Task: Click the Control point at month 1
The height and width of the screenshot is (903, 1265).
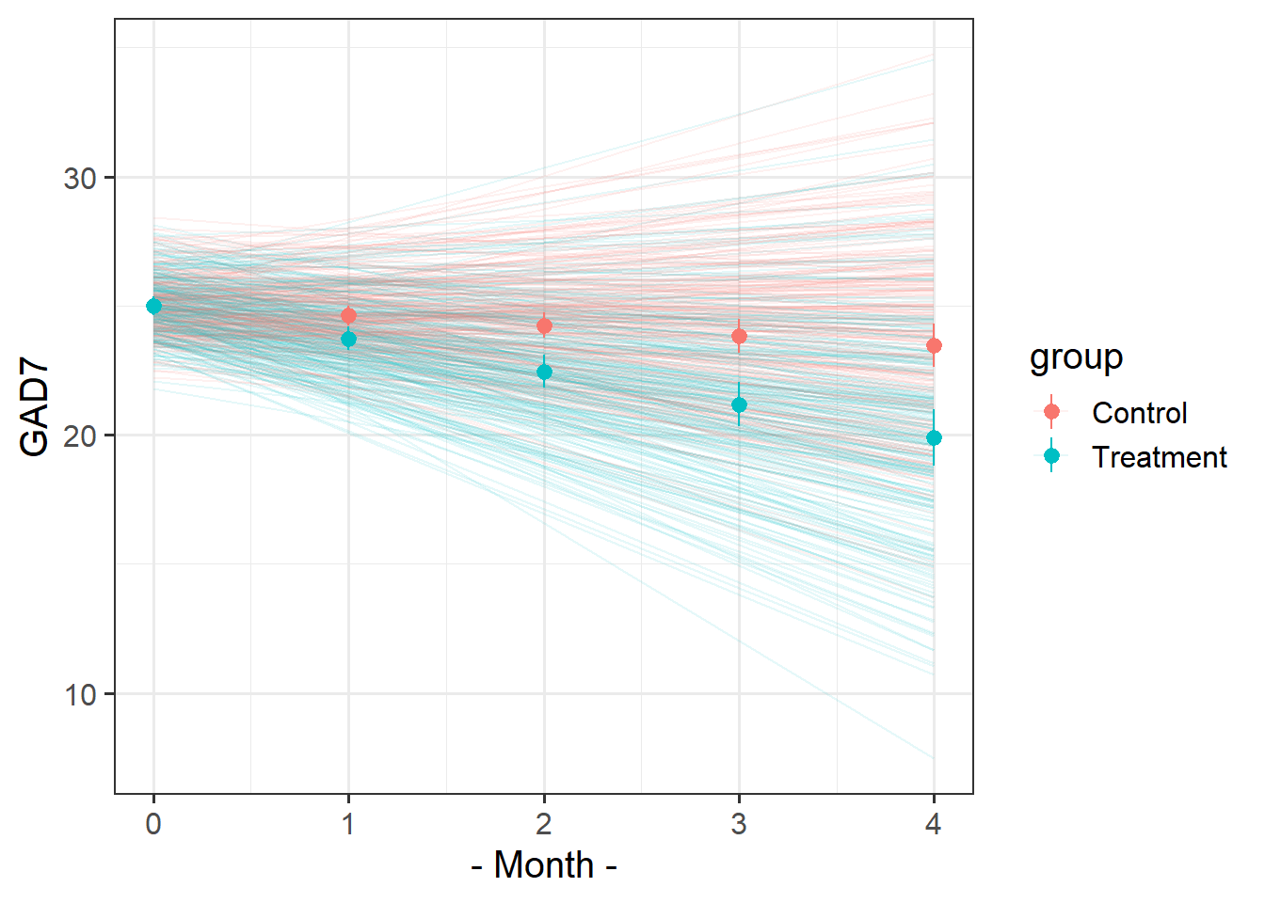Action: click(348, 316)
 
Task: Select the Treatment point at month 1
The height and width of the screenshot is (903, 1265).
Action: click(348, 339)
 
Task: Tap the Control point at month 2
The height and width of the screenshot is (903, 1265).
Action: click(544, 326)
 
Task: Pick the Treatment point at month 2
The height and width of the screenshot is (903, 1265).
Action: click(544, 372)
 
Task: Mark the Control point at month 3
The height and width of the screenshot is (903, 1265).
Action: click(739, 336)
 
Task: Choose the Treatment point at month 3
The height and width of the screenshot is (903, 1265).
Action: click(739, 405)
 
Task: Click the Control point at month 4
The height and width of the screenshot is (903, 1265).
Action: click(934, 346)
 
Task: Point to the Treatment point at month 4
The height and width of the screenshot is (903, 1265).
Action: click(934, 438)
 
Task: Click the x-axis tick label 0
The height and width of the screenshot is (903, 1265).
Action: click(153, 825)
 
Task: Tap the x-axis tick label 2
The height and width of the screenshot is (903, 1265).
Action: click(544, 825)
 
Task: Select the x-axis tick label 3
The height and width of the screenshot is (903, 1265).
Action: click(739, 825)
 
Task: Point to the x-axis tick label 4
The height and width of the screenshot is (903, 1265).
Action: click(934, 825)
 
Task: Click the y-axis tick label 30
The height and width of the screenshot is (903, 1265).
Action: click(81, 179)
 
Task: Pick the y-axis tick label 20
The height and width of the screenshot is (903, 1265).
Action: click(81, 436)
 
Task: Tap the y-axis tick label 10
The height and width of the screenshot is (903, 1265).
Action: click(81, 695)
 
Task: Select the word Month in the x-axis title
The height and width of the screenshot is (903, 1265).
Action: click(544, 865)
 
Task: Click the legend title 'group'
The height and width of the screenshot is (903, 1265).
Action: click(1076, 357)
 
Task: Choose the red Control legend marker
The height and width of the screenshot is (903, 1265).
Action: click(1051, 412)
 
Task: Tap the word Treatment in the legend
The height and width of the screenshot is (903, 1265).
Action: click(1159, 457)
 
